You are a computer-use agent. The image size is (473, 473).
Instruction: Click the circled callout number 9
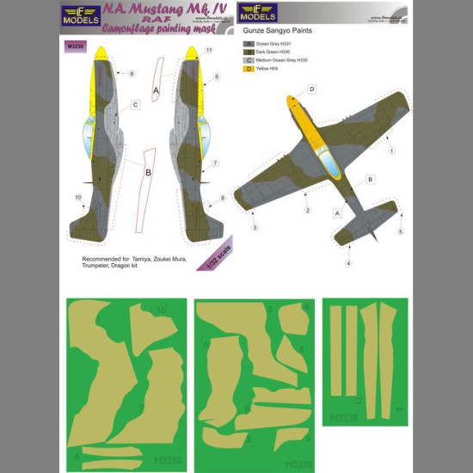(x=132, y=74)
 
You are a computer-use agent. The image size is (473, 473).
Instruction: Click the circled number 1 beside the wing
(x=391, y=150)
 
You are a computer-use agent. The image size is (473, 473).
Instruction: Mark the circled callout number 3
(x=255, y=228)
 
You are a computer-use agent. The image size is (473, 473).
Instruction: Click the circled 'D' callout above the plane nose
(x=312, y=89)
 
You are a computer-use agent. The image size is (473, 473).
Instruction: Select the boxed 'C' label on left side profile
(x=136, y=105)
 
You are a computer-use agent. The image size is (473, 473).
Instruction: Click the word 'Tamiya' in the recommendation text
(x=150, y=258)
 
